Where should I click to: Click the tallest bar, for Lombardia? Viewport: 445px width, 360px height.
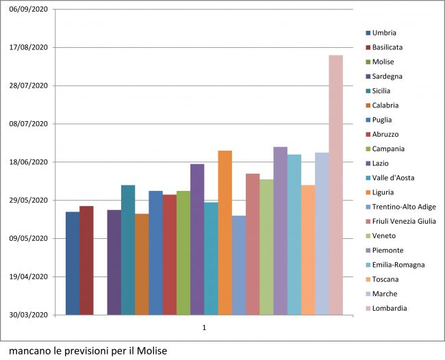point(335,185)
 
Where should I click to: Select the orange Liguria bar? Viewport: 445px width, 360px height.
point(225,233)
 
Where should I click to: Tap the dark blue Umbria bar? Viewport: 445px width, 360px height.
point(73,263)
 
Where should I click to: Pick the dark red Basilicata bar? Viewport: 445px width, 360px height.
point(86,260)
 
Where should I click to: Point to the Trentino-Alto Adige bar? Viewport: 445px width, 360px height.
point(238,266)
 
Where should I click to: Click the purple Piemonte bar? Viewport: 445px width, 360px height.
point(280,231)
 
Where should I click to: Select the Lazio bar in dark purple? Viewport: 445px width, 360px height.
point(197,240)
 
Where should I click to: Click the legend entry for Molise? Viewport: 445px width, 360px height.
point(383,62)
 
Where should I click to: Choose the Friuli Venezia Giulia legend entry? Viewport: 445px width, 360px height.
point(404,221)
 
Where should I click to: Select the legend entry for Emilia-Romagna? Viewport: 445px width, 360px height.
point(398,265)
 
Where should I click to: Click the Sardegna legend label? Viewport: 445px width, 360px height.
point(387,76)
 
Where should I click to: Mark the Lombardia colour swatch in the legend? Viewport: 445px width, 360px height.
point(368,309)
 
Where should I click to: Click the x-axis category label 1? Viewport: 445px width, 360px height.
point(204,329)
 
